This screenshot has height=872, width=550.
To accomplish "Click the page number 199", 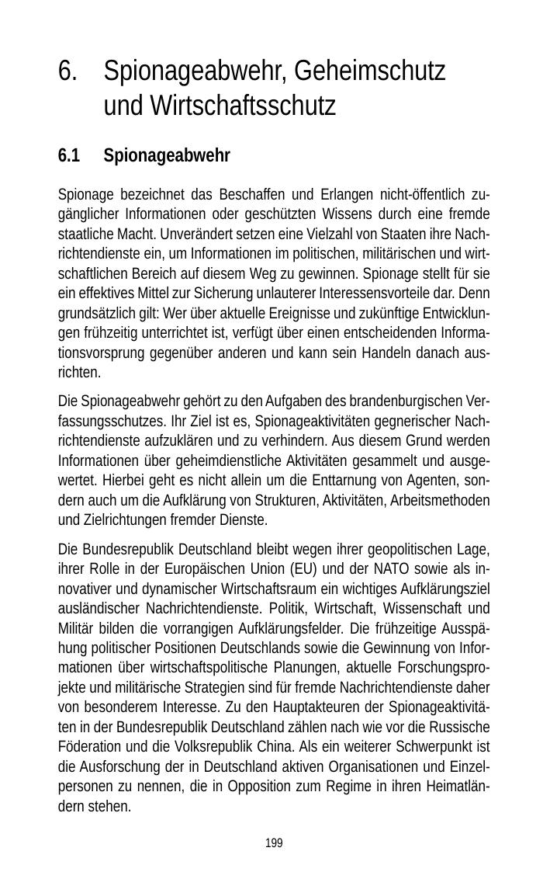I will [x=274, y=843].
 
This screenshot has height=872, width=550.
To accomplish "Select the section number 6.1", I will [x=69, y=156].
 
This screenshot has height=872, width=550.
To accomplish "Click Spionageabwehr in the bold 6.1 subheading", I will [x=167, y=156].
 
